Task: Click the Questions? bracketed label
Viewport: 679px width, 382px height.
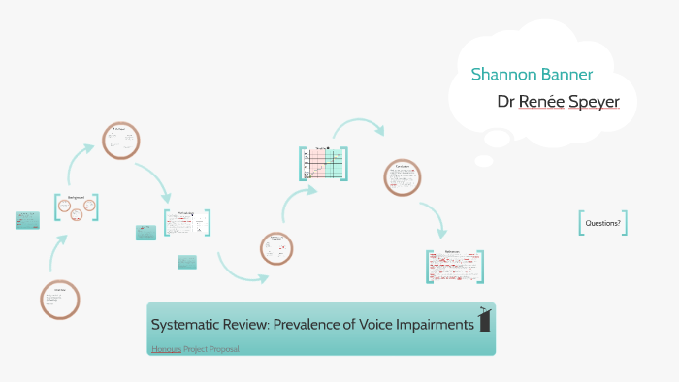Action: coord(602,223)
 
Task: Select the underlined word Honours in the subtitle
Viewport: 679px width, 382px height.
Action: coord(165,348)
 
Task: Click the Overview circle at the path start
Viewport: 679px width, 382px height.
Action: coord(60,300)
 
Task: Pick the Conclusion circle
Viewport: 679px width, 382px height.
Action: coord(403,177)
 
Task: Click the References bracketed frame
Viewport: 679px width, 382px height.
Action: coord(454,267)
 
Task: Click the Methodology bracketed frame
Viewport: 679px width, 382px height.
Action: coord(186,223)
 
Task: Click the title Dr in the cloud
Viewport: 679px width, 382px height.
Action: coord(506,101)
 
